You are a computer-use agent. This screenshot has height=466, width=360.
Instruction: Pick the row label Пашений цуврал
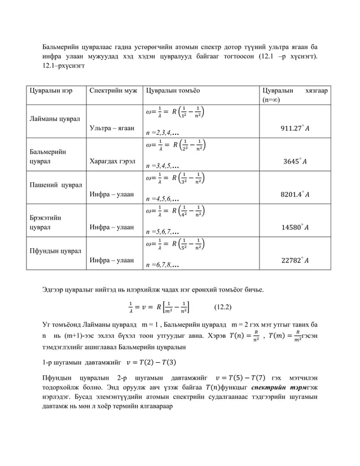pyautogui.click(x=55, y=185)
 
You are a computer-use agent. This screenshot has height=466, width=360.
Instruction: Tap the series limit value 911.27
pyautogui.click(x=294, y=129)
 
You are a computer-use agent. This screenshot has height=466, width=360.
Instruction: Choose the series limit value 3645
pyautogui.click(x=294, y=162)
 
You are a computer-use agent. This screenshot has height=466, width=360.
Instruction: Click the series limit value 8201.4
pyautogui.click(x=294, y=195)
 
